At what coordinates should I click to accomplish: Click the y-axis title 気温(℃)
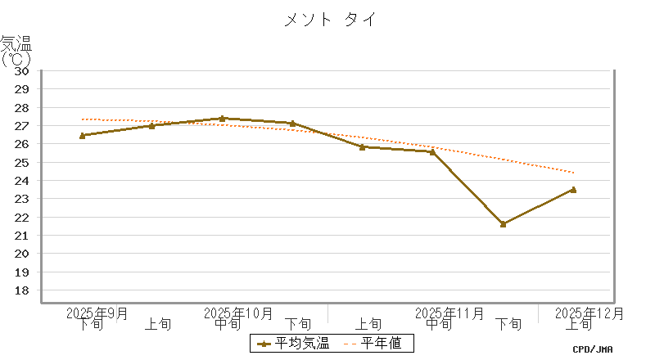pos(16,50)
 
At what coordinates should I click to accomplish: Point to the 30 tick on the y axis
pos(22,70)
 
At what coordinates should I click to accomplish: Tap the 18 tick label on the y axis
pos(22,290)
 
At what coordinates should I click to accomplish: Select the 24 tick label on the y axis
pos(22,181)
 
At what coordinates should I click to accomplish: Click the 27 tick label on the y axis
pos(22,126)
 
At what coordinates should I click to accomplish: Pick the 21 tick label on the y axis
pos(22,236)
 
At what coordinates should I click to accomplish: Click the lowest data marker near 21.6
pos(503,223)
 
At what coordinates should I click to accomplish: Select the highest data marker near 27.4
pos(222,119)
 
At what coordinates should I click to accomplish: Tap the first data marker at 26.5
pos(82,135)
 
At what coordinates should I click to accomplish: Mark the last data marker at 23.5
pos(573,189)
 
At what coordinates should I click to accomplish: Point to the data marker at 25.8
pos(362,146)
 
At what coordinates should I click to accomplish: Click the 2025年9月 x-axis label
pos(97,313)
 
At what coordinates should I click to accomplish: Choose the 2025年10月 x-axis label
pos(238,313)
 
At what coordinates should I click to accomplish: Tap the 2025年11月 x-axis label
pos(449,313)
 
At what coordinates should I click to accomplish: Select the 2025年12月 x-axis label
pos(589,313)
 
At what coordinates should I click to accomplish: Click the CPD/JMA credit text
pos(592,349)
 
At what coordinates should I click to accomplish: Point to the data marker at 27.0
pos(152,125)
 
